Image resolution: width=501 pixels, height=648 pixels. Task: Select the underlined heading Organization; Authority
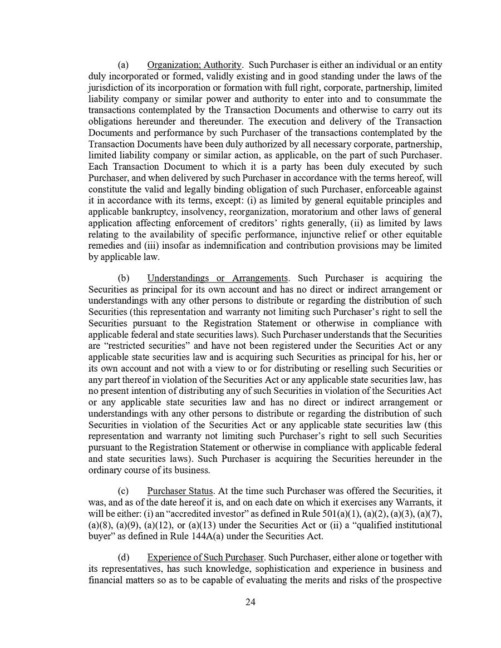194,65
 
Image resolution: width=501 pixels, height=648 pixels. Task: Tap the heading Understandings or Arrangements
218,278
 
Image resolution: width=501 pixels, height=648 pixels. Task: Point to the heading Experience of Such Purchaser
205,557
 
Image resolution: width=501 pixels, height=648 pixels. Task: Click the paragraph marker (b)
123,278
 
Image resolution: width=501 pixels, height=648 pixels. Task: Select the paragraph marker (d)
123,557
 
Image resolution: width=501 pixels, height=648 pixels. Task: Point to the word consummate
407,99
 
